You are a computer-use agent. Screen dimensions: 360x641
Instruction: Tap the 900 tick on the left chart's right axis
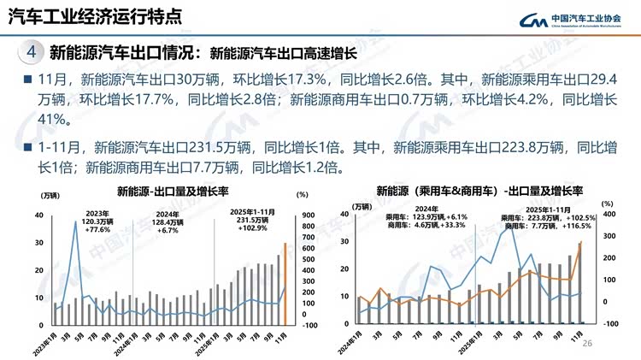pos(309,215)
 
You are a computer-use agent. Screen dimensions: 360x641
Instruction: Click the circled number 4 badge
pos(31,52)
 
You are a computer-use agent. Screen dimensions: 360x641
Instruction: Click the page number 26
pos(586,344)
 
